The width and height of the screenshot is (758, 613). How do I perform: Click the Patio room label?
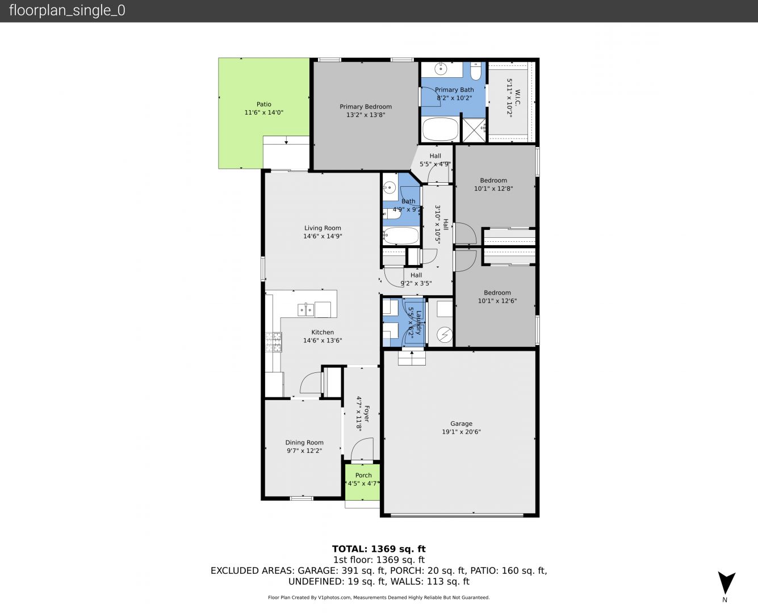[263, 104]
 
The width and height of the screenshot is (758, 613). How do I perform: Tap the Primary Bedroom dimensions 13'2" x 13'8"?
[366, 115]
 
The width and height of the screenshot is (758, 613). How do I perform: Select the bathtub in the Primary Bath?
[440, 129]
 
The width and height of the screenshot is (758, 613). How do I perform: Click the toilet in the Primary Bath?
[475, 71]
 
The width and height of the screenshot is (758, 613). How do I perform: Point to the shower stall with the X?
[474, 130]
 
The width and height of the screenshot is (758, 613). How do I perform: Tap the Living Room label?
[323, 228]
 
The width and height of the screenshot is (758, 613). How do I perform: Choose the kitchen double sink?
[305, 309]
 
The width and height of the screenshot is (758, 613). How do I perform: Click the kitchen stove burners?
[273, 342]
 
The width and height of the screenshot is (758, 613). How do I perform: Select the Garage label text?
[461, 423]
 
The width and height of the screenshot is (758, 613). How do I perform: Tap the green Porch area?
[362, 482]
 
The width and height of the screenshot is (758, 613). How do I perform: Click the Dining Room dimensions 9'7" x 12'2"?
[304, 451]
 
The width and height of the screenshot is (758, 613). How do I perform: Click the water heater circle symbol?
[445, 335]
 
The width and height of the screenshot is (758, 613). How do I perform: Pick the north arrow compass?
[726, 583]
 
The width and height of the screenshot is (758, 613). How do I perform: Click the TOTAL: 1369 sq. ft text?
[379, 549]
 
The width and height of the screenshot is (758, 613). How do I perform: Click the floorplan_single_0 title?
[67, 11]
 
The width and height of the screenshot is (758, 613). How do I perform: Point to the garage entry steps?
[412, 358]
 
